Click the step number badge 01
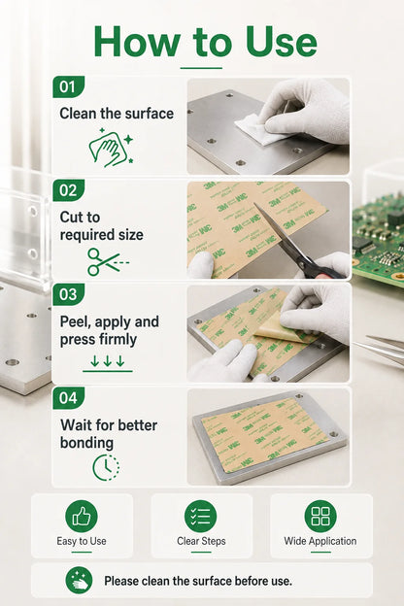pyautogui.click(x=68, y=86)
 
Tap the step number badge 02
pyautogui.click(x=68, y=190)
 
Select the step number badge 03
pyautogui.click(x=68, y=294)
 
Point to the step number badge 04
pyautogui.click(x=68, y=398)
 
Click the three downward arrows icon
pyautogui.click(x=108, y=363)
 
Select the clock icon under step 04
pyautogui.click(x=106, y=467)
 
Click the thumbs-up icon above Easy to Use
pyautogui.click(x=82, y=517)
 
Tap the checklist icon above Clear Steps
pyautogui.click(x=201, y=517)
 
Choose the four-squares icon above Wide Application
pyautogui.click(x=320, y=517)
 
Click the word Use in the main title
pyautogui.click(x=281, y=42)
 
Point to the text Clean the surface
pyautogui.click(x=117, y=114)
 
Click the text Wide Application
pyautogui.click(x=320, y=541)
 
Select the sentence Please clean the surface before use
pyautogui.click(x=198, y=581)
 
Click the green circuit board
pyautogui.click(x=379, y=240)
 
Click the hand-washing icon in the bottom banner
pyautogui.click(x=80, y=581)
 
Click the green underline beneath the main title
pyautogui.click(x=201, y=68)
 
